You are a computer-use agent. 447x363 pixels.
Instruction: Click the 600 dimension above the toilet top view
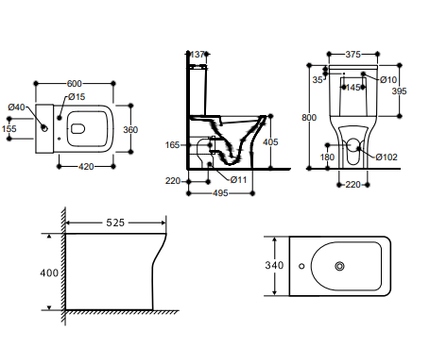tap(75, 84)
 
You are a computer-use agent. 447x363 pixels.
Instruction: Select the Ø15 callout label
tap(77, 97)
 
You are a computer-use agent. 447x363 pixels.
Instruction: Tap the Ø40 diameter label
tap(16, 107)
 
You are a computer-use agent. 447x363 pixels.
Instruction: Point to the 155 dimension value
tap(9, 129)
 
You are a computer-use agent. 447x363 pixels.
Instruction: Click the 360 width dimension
tap(130, 130)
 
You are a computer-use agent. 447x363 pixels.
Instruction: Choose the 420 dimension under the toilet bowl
tap(86, 167)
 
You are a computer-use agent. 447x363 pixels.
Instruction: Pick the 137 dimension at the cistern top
tap(198, 55)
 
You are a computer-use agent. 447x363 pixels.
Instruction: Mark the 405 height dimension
tap(270, 142)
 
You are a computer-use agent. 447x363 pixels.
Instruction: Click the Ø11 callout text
tap(238, 180)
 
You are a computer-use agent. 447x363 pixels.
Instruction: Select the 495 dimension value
tap(220, 193)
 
